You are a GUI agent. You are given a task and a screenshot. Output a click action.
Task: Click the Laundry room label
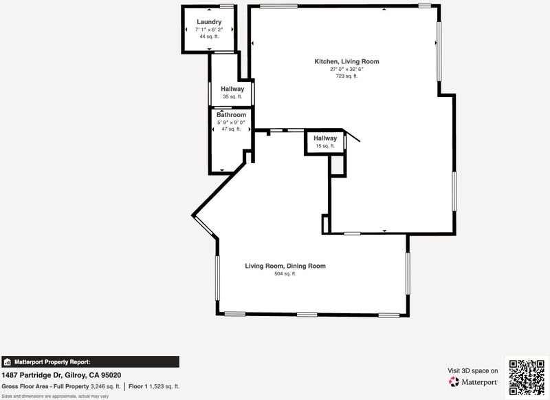click(209, 22)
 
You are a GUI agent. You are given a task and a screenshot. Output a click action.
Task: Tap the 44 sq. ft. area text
click(209, 36)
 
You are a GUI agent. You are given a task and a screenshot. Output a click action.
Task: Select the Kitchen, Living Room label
click(346, 61)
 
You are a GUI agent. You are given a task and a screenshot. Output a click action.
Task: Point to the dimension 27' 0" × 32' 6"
click(346, 69)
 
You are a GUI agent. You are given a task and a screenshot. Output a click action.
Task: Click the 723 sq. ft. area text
click(346, 76)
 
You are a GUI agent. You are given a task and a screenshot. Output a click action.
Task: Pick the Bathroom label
click(231, 115)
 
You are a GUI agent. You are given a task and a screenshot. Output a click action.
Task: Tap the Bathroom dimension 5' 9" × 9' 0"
click(231, 123)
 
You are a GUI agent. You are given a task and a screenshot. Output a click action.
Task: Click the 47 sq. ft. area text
click(231, 129)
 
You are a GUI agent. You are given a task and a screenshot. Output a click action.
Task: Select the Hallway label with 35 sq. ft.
click(232, 89)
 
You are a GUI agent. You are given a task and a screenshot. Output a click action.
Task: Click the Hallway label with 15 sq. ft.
click(325, 138)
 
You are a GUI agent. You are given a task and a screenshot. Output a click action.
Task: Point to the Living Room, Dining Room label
click(285, 266)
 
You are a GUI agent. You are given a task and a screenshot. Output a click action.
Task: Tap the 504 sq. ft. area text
click(285, 273)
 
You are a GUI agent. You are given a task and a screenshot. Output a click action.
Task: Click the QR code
click(527, 377)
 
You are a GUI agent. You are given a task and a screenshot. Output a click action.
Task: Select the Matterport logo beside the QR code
click(473, 381)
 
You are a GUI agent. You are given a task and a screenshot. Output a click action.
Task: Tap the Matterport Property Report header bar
click(91, 361)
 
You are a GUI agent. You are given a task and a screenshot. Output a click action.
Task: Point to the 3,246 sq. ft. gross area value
click(105, 386)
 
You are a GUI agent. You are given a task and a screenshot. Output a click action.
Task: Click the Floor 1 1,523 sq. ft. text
click(153, 386)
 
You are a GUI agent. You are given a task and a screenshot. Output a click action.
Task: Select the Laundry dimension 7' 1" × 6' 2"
click(209, 30)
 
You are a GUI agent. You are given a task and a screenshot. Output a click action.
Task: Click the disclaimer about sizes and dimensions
click(55, 397)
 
